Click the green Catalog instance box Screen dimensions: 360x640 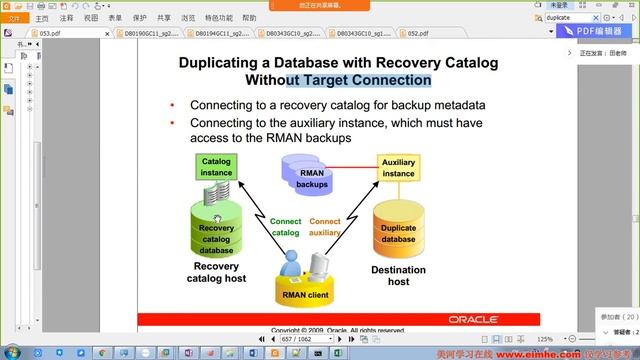tap(216, 167)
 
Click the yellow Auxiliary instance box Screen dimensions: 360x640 tap(398, 167)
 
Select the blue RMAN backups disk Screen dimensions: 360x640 tap(313, 179)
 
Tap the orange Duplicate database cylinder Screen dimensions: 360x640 tap(398, 233)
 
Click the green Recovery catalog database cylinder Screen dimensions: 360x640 tap(217, 234)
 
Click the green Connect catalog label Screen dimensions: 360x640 tap(286, 226)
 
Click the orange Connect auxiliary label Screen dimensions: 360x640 tap(325, 226)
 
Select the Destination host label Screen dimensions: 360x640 tap(398, 275)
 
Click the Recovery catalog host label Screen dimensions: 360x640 tap(216, 271)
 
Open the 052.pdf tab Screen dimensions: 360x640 tap(417, 33)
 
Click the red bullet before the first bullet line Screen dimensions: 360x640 tap(172, 105)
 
